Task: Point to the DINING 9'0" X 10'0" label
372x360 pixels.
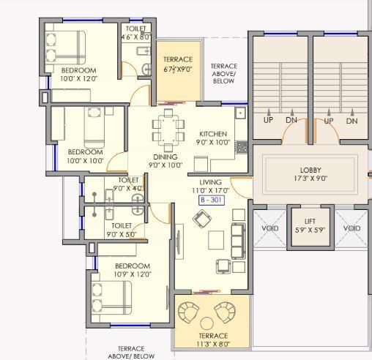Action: click(165, 161)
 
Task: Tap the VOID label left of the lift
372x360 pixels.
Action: click(270, 228)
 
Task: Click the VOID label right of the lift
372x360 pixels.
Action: click(351, 228)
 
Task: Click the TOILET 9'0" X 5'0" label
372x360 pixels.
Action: click(122, 230)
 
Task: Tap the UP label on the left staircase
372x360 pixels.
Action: click(269, 121)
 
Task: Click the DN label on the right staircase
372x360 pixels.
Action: click(352, 121)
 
